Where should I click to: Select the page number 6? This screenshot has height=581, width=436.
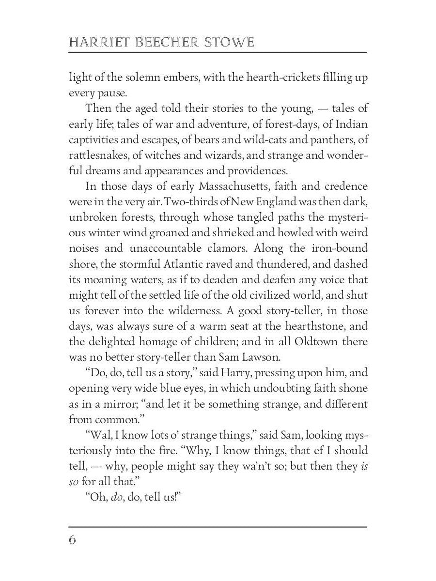[73, 540]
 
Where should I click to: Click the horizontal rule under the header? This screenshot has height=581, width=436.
[218, 52]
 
